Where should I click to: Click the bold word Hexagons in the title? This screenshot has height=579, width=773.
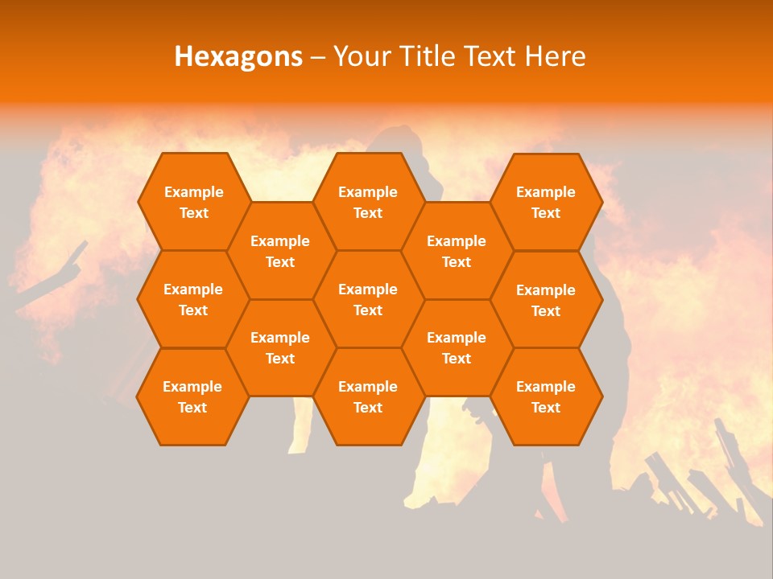(x=238, y=56)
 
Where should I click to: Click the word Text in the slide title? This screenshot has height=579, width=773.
(x=492, y=56)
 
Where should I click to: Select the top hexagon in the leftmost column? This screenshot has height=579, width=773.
(x=193, y=202)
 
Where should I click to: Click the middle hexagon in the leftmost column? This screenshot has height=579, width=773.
(x=193, y=299)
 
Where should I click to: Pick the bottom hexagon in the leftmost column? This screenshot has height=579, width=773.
(x=192, y=396)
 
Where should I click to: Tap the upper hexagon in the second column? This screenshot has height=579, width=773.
(x=280, y=251)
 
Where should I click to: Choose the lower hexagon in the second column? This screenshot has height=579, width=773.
(x=280, y=347)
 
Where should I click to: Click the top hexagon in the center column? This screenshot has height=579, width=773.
(x=368, y=202)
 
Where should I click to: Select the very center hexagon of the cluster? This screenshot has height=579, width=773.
(x=368, y=299)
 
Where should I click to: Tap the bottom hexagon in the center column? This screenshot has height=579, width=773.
(x=368, y=396)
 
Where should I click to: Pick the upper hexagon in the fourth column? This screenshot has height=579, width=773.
(x=457, y=251)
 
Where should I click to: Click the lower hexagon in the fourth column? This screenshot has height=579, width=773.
(x=457, y=347)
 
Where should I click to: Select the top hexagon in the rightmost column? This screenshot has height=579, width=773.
(x=546, y=202)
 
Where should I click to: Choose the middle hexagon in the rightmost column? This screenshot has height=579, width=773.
(x=546, y=300)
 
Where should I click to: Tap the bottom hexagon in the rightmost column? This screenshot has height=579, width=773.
(x=546, y=396)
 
